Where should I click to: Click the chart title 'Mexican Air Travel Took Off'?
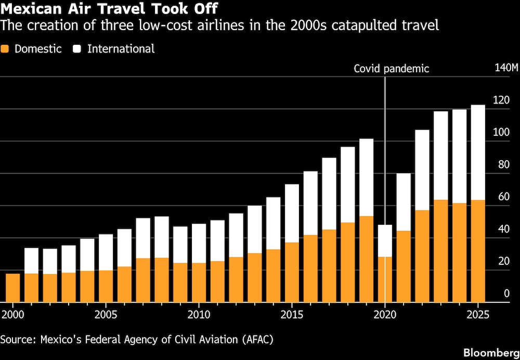click(x=110, y=9)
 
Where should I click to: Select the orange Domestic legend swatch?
click(x=5, y=49)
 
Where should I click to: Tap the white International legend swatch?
click(x=77, y=49)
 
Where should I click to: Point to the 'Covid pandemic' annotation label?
click(x=391, y=68)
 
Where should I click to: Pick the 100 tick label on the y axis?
click(x=502, y=132)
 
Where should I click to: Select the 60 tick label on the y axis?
click(x=502, y=197)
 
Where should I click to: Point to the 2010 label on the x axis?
click(x=199, y=315)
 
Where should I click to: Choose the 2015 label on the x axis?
click(x=292, y=315)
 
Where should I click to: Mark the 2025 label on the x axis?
click(x=478, y=315)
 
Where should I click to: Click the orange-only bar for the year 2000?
click(x=13, y=288)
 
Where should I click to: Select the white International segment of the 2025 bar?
click(x=478, y=152)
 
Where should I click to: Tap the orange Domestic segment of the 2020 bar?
click(x=385, y=279)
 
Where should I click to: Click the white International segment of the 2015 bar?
click(x=292, y=213)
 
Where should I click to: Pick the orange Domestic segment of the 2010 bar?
click(x=199, y=282)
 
